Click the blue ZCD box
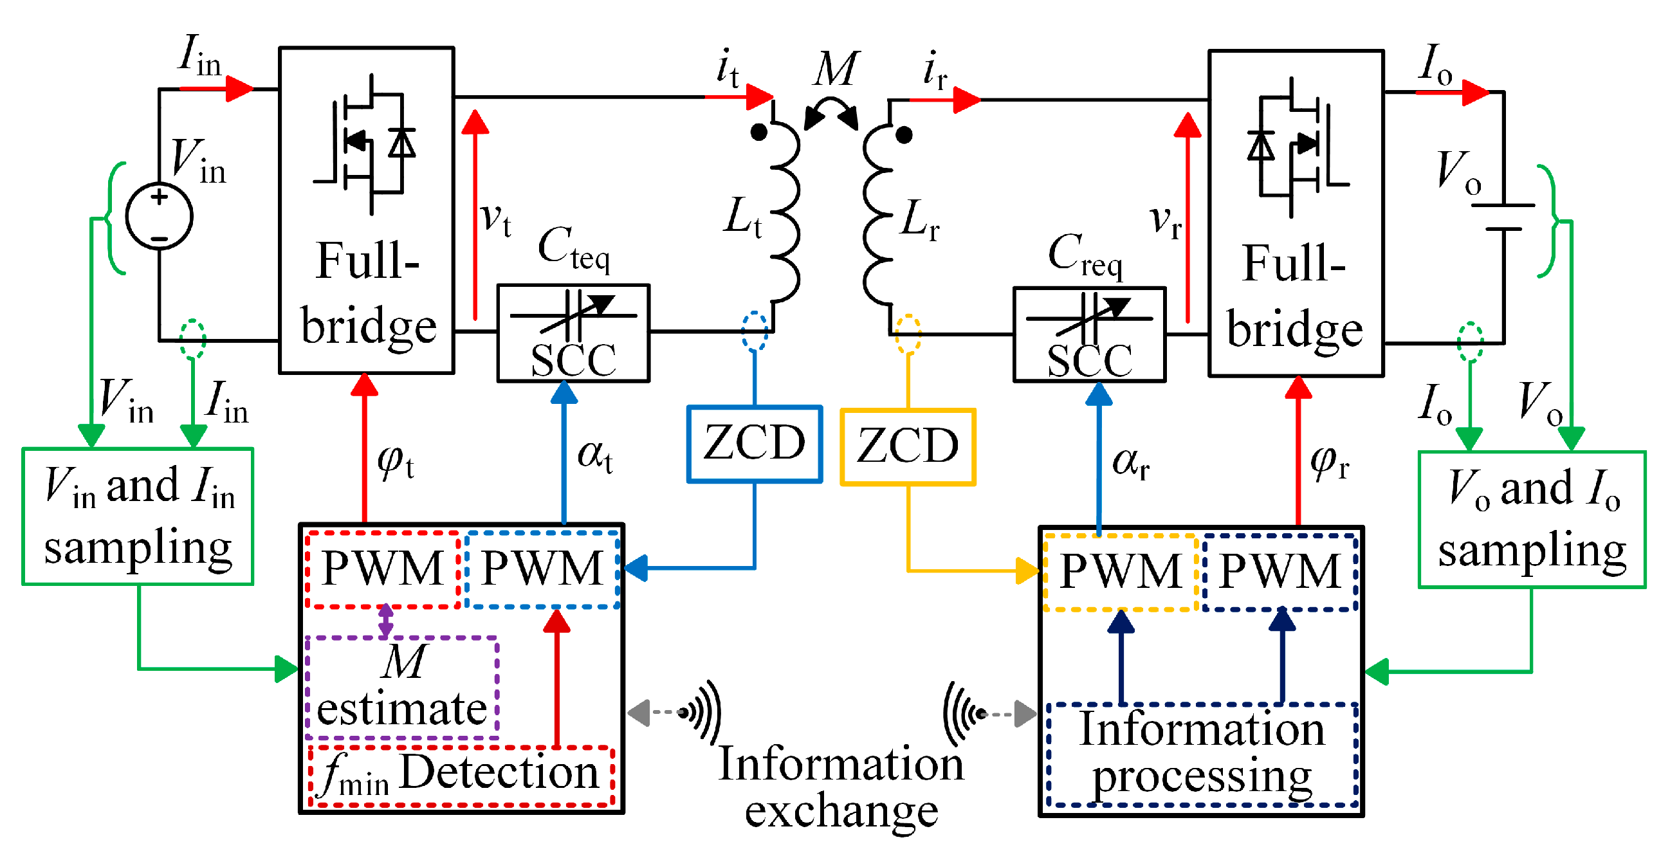point(755,444)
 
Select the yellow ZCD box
point(908,447)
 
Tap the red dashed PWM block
point(383,569)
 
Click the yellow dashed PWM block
point(1121,572)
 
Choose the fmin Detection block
point(462,776)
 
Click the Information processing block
point(1202,754)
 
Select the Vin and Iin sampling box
point(138,516)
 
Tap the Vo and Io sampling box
point(1531,520)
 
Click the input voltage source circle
point(159,216)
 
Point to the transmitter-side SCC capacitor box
point(573,333)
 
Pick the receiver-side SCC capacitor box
point(1089,335)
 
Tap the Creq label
point(1085,255)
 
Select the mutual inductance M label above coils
point(836,69)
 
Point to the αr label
point(1131,463)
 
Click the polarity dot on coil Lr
point(904,135)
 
